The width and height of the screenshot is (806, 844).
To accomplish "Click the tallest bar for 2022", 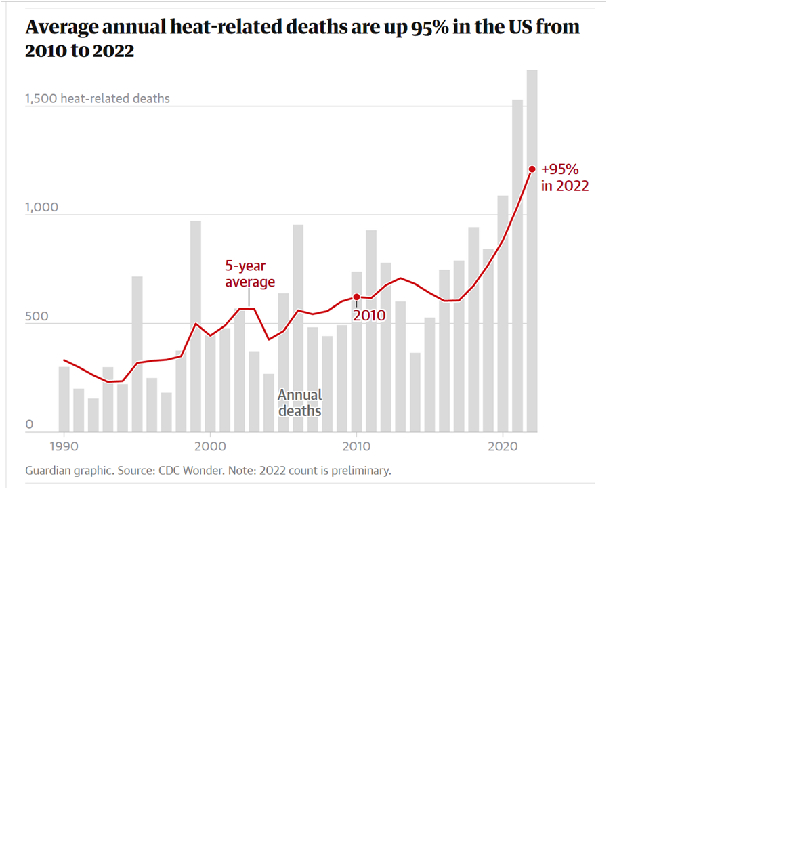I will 532,251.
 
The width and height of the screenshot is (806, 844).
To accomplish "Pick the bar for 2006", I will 298,328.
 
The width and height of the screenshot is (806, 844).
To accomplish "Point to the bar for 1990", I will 64,399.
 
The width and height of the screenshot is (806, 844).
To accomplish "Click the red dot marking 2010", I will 357,297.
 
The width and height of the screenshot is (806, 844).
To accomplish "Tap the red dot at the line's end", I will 532,169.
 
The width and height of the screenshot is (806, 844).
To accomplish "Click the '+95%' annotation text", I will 560,169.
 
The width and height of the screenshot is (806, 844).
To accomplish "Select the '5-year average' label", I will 250,274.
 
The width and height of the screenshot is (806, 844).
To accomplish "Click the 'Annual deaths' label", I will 300,403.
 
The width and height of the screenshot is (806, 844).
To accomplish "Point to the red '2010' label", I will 369,316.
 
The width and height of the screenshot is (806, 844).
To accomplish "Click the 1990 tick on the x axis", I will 64,446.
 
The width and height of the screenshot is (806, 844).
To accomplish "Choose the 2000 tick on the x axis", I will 210,446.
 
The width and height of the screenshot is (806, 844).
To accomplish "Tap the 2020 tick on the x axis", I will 503,446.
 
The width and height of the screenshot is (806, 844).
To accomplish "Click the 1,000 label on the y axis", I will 42,207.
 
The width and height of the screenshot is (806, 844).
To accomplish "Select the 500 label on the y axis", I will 37,316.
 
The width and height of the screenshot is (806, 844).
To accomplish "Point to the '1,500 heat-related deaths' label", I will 98,99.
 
